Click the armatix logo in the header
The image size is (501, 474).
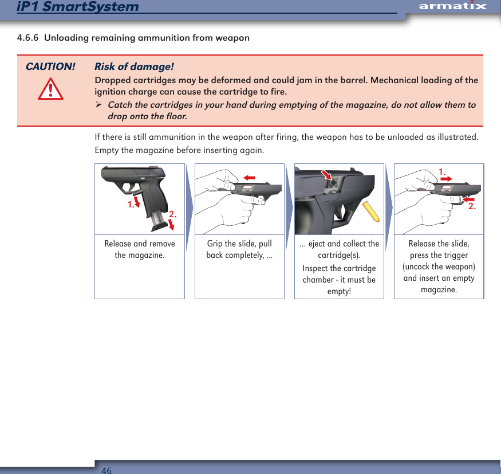tap(452, 6)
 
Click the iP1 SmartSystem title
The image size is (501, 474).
tap(78, 6)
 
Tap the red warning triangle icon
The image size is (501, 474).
tap(50, 89)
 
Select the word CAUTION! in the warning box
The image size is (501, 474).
tap(50, 66)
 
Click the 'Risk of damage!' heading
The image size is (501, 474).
tap(134, 66)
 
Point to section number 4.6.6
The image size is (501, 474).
tap(28, 38)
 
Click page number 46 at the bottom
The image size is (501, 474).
tap(106, 470)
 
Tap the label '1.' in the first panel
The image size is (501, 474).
tap(131, 204)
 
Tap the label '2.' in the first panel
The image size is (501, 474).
tap(172, 214)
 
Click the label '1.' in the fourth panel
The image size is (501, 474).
tap(442, 171)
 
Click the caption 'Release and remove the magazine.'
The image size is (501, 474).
tap(140, 249)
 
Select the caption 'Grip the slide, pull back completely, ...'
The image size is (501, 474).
tap(239, 249)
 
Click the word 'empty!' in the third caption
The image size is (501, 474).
tap(339, 291)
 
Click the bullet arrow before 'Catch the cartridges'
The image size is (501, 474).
tap(98, 105)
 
